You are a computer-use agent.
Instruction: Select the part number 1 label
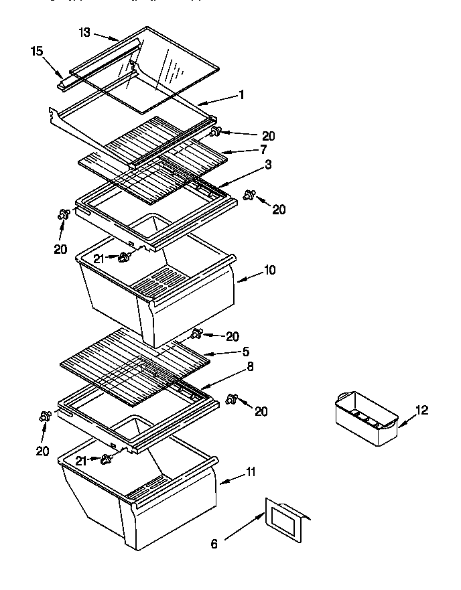[241, 95]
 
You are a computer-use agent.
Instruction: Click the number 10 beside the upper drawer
[269, 270]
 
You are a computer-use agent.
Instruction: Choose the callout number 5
[246, 351]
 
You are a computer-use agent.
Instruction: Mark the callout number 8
[249, 366]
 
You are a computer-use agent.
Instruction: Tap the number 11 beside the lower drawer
[250, 472]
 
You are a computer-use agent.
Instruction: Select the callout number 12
[422, 410]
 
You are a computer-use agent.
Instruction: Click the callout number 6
[214, 544]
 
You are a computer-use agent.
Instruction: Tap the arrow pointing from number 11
[232, 477]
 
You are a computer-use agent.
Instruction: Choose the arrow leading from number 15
[53, 67]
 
